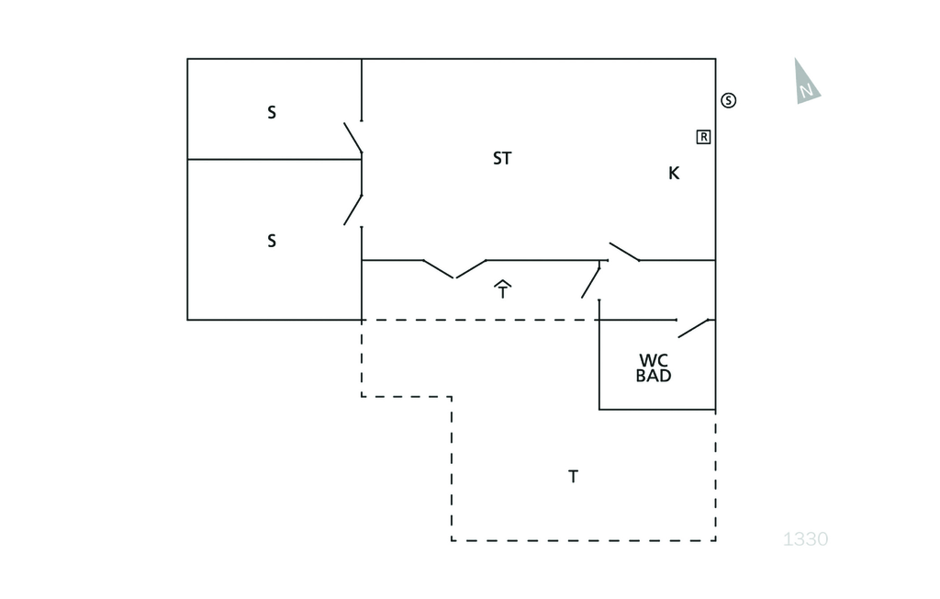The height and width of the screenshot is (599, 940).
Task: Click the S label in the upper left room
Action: pyautogui.click(x=272, y=112)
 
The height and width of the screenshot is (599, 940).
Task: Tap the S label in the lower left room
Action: pyautogui.click(x=272, y=241)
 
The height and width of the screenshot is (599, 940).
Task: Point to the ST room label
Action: pyautogui.click(x=502, y=158)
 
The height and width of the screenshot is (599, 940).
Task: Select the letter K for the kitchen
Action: pyautogui.click(x=674, y=174)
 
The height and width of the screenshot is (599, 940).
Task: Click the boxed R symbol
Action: pyautogui.click(x=703, y=137)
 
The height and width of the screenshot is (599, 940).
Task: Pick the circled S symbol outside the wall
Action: pyautogui.click(x=728, y=100)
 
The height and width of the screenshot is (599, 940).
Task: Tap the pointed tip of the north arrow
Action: pyautogui.click(x=796, y=58)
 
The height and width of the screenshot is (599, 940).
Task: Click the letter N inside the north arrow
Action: pyautogui.click(x=806, y=91)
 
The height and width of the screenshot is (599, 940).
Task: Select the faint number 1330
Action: pyautogui.click(x=806, y=539)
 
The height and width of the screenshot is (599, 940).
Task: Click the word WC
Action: pyautogui.click(x=654, y=361)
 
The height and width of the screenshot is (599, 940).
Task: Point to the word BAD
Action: pyautogui.click(x=654, y=376)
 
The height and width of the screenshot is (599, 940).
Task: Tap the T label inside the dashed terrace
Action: pyautogui.click(x=573, y=477)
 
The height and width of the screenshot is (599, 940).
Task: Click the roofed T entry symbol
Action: pyautogui.click(x=502, y=289)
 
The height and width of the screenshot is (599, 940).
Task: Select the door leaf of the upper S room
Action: pyautogui.click(x=352, y=138)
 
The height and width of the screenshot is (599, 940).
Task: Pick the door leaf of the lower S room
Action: pyautogui.click(x=352, y=210)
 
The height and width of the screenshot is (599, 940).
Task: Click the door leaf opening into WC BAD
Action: pyautogui.click(x=694, y=329)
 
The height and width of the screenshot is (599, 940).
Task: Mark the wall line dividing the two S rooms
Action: pyautogui.click(x=274, y=159)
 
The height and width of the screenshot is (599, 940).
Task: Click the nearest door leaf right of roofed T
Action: pyautogui.click(x=590, y=283)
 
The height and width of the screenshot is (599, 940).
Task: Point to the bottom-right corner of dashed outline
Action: pyautogui.click(x=715, y=540)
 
